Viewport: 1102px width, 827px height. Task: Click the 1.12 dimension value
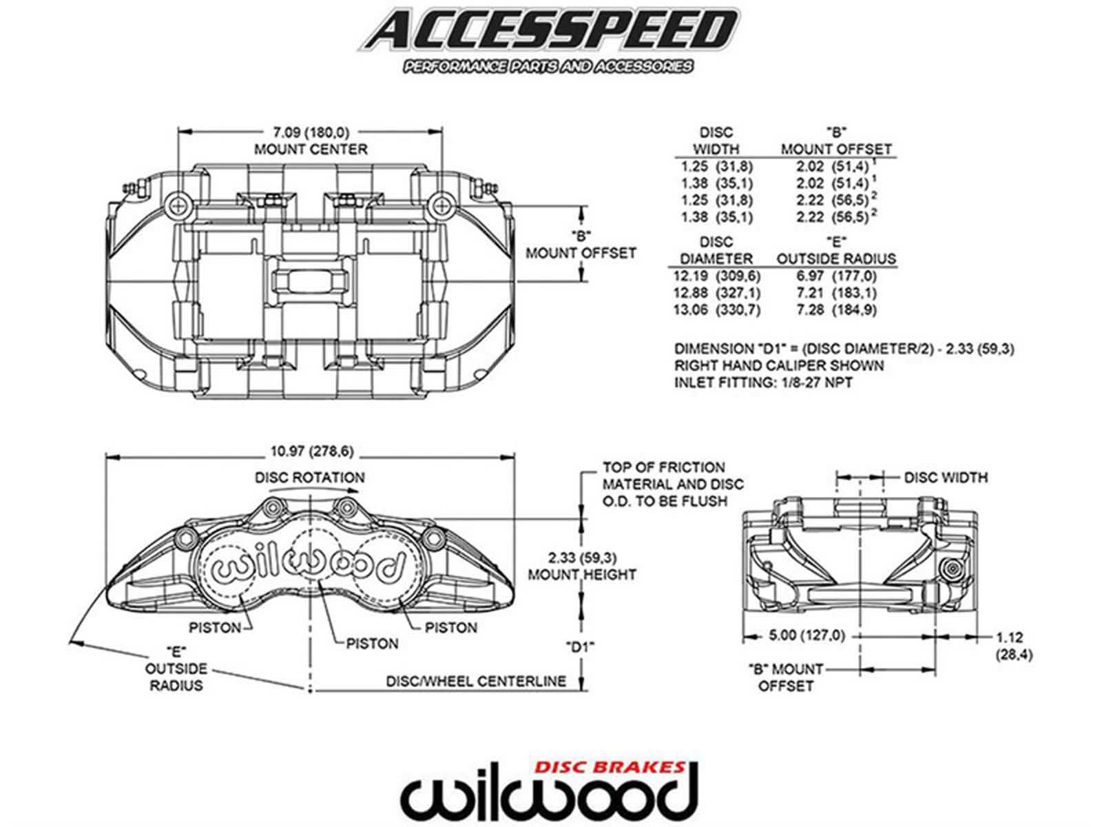tap(1009, 637)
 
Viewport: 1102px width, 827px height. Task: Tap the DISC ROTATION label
tap(309, 477)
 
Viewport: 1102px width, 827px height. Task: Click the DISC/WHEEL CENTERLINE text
tap(476, 681)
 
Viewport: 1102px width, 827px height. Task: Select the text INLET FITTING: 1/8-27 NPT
tap(762, 382)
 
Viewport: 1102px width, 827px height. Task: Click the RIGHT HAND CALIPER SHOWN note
tap(778, 365)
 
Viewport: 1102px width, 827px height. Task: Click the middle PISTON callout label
tap(372, 644)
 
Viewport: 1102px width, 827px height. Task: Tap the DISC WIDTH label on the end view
tap(945, 477)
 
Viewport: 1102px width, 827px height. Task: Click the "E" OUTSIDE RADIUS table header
tap(836, 250)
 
